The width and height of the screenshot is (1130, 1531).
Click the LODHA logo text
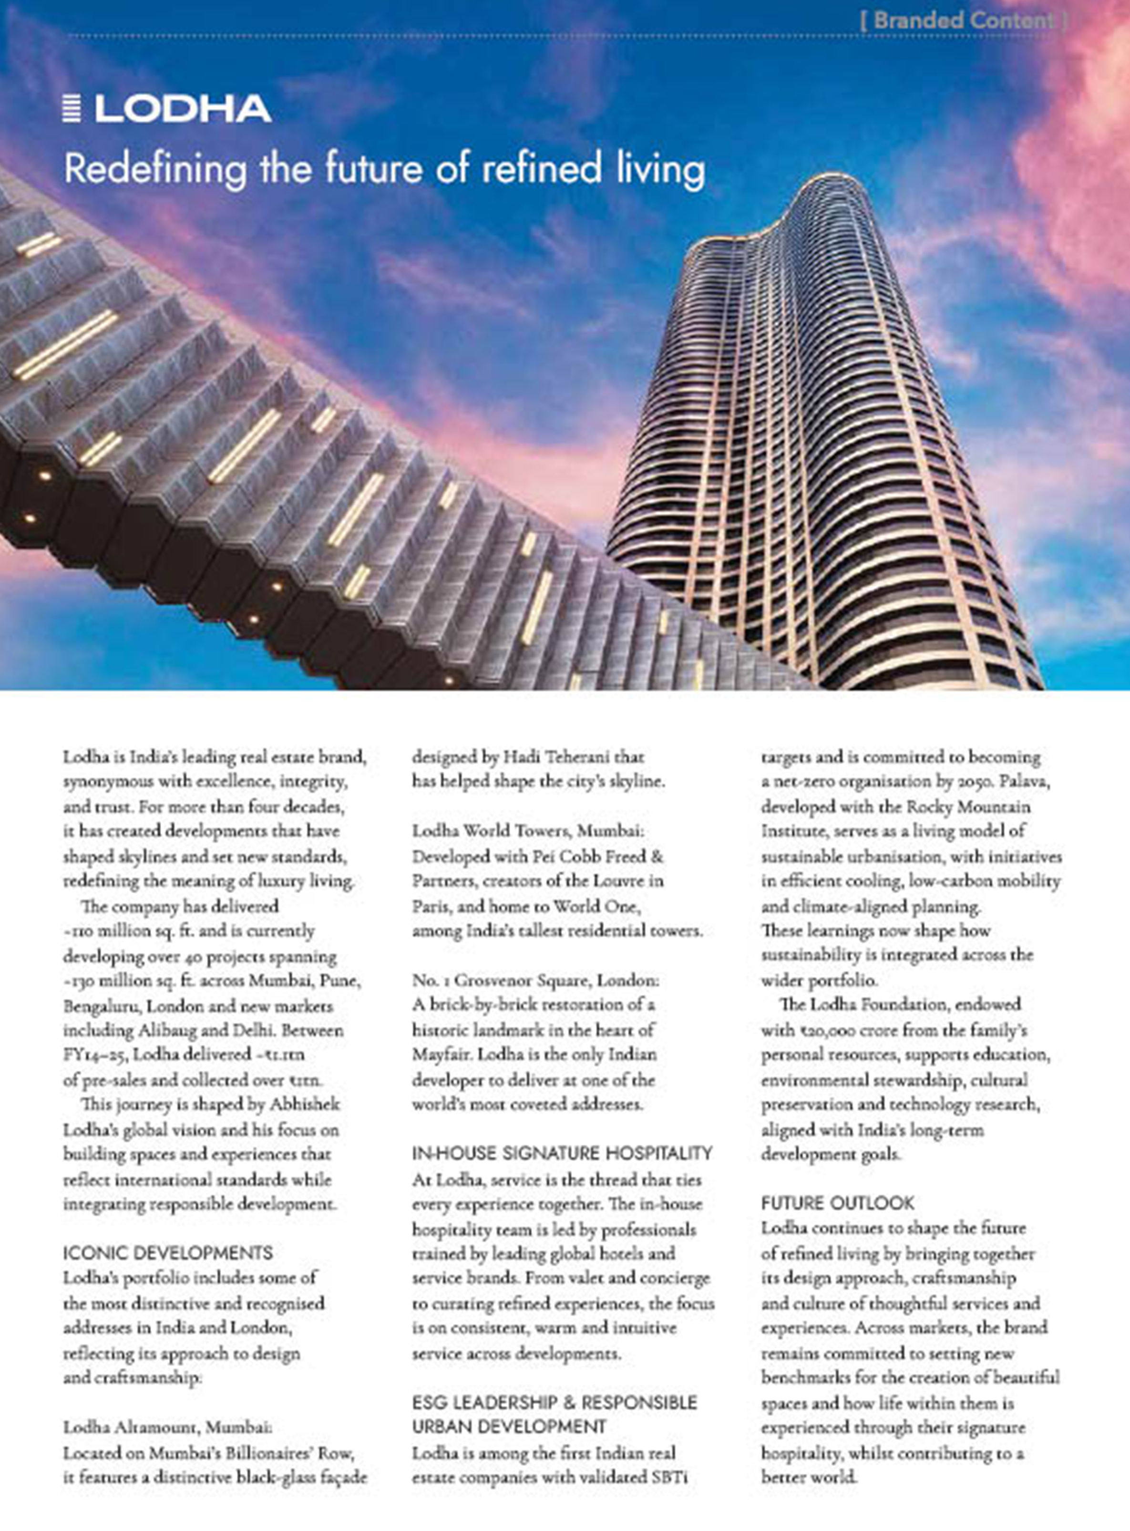pos(183,109)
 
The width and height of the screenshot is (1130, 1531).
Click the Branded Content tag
pos(963,21)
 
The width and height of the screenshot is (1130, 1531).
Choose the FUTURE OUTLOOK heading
pos(837,1203)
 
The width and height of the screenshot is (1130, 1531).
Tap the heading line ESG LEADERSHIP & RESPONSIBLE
pos(554,1403)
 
